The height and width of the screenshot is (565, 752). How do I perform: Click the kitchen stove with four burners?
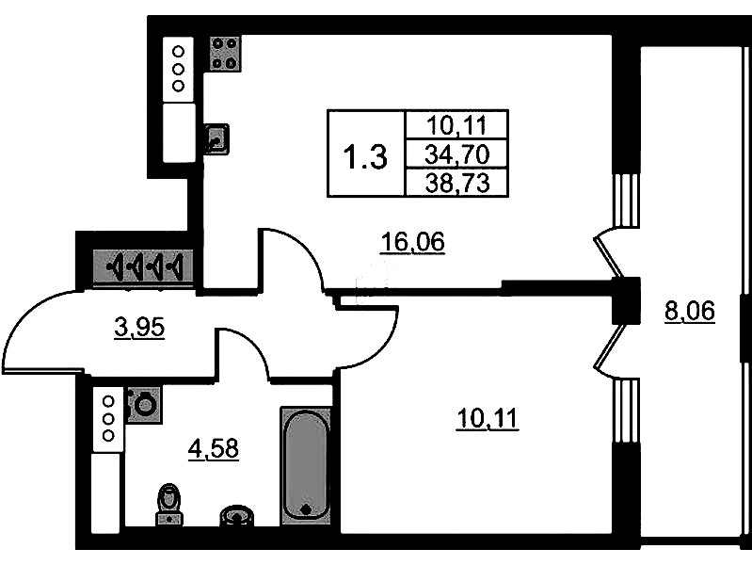225,53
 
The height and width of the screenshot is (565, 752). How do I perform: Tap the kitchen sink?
216,139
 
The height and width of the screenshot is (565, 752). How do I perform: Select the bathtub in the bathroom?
306,466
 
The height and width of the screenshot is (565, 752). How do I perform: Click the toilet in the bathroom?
169,504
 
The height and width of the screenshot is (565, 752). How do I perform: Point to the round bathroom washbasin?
237,515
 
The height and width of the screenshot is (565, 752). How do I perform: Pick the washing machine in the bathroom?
144,405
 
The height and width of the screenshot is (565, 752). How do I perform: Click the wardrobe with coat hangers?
143,266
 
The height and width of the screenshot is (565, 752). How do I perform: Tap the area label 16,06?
412,242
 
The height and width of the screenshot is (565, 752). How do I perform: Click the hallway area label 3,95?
139,329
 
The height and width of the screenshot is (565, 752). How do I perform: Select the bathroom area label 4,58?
214,449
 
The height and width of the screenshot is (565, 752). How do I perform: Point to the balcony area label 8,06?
690,311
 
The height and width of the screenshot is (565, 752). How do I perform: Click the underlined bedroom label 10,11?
488,419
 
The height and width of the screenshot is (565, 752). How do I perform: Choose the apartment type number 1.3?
366,157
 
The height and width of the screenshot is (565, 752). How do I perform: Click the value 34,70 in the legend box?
457,154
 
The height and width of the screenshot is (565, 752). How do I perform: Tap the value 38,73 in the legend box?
457,183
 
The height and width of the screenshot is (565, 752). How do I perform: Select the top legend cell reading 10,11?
457,126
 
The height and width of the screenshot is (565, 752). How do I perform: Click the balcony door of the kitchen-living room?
609,253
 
